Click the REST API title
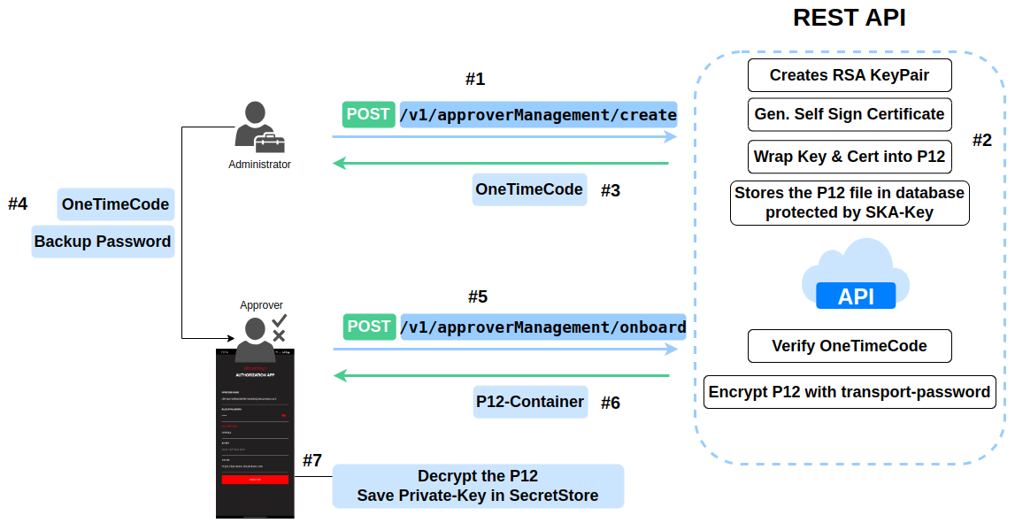click(x=849, y=18)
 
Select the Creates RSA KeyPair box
click(x=850, y=75)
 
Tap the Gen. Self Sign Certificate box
click(x=850, y=114)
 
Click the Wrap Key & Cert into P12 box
click(x=850, y=158)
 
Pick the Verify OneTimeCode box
click(x=850, y=346)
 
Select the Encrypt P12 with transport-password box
click(x=850, y=392)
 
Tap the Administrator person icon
click(x=258, y=127)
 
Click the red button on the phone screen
click(x=255, y=479)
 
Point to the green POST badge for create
click(x=368, y=114)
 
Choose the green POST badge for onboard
click(x=369, y=327)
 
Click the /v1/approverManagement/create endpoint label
click(x=538, y=114)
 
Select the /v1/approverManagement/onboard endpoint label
click(x=542, y=327)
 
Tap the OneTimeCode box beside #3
click(x=529, y=189)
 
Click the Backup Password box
click(x=103, y=241)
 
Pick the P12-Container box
click(x=529, y=402)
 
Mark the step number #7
click(x=312, y=460)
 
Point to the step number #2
click(x=982, y=140)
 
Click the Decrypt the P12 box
click(x=478, y=486)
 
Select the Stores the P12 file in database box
click(x=850, y=203)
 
